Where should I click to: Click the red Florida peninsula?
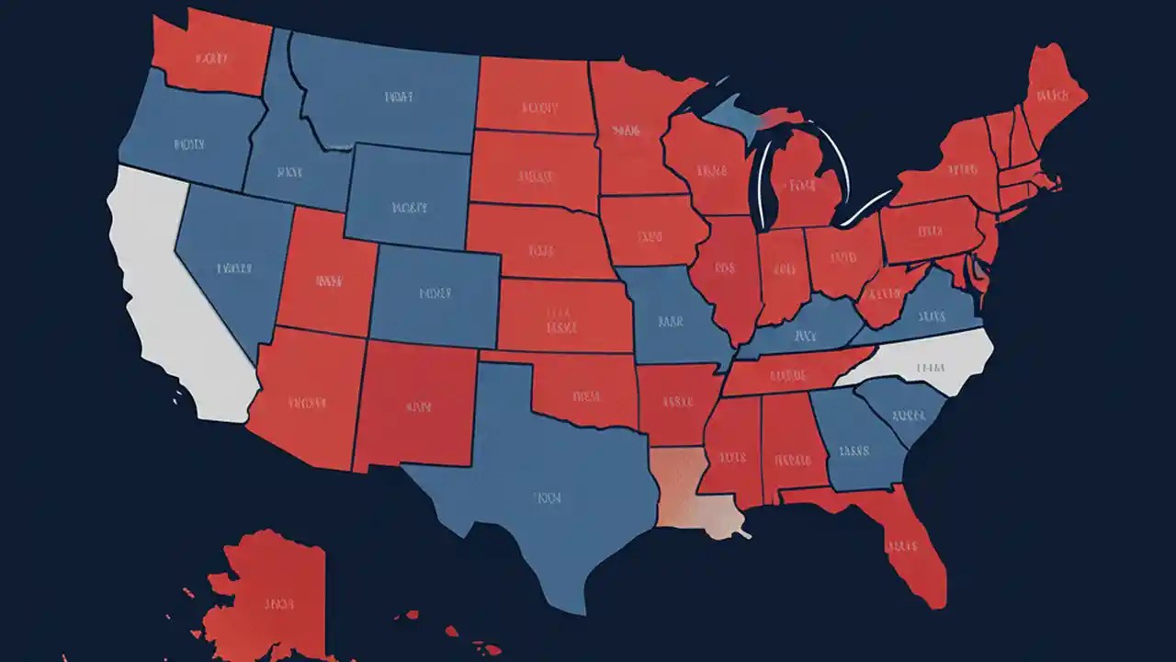[x=905, y=542]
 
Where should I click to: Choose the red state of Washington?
[x=211, y=55]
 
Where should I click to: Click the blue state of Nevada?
[x=230, y=267]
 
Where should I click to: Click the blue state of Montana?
[x=395, y=97]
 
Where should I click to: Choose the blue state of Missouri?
[x=671, y=317]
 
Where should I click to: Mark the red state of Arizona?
[x=308, y=395]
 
